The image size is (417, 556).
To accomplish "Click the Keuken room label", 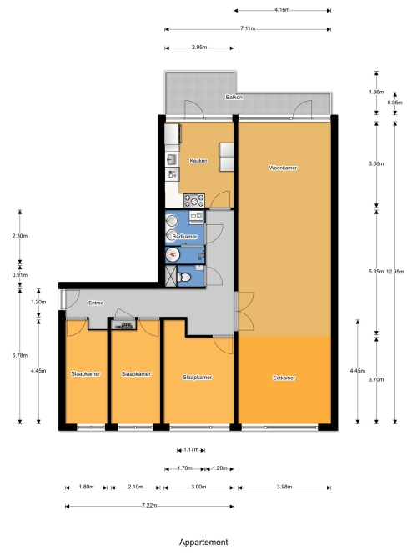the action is tap(198, 161).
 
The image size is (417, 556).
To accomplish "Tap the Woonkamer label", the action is tap(283, 168).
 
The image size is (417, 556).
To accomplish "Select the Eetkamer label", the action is tap(284, 378).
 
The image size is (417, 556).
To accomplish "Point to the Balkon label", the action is tap(234, 98).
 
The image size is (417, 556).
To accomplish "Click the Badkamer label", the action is tap(184, 237).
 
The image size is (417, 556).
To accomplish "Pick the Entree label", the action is tap(96, 303).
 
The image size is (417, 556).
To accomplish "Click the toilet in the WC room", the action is tap(184, 277).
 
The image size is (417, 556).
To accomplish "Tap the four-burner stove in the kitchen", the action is tap(194, 200).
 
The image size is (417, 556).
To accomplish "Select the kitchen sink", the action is tap(172, 159).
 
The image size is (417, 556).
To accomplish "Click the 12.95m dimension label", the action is tap(395, 272).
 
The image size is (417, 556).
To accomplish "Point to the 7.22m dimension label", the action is tap(149, 506).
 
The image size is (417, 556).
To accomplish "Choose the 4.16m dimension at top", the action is tap(282, 10).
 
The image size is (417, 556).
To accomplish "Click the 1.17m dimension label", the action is tap(191, 450).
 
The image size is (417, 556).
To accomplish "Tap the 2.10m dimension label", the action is tap(136, 487).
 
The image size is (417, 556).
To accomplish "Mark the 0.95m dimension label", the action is tap(395, 103).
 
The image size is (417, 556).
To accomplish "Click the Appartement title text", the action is tap(203, 542).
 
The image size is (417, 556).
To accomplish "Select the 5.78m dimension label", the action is tap(20, 355).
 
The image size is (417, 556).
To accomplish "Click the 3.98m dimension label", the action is tap(284, 487).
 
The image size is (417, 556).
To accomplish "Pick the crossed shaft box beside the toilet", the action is tap(171, 276).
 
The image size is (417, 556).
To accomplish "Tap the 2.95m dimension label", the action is tap(199, 48).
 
